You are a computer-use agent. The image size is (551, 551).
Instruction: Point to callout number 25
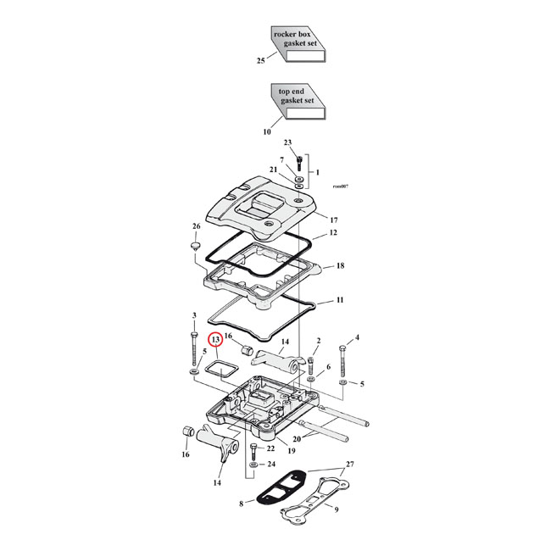pos(261,61)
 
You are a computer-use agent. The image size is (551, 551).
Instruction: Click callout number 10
pos(266,131)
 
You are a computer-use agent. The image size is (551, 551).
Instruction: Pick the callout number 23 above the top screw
pos(287,142)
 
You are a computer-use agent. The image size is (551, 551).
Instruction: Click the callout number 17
pos(334,220)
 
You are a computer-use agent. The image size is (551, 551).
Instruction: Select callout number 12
pos(333,232)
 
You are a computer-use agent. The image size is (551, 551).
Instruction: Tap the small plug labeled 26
pos(194,247)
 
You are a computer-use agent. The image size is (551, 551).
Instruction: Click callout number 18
pos(340,266)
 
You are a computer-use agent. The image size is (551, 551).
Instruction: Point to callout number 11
pos(339,300)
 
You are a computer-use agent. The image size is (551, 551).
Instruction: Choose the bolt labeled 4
pos(343,363)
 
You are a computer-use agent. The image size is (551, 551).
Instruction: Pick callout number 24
pos(270,465)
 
